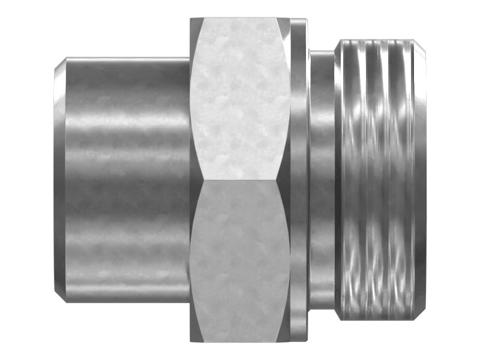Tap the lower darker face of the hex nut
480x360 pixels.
(x=240, y=261)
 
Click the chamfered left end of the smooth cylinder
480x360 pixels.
(x=59, y=180)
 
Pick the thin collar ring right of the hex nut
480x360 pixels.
(x=299, y=180)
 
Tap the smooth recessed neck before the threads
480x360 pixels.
(x=322, y=180)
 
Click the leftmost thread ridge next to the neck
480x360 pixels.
(x=347, y=180)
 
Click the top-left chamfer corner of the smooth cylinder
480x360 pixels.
(x=65, y=58)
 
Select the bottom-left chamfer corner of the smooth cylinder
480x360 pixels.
(x=65, y=302)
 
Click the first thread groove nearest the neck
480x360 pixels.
(x=362, y=180)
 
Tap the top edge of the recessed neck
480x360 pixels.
(x=322, y=52)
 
